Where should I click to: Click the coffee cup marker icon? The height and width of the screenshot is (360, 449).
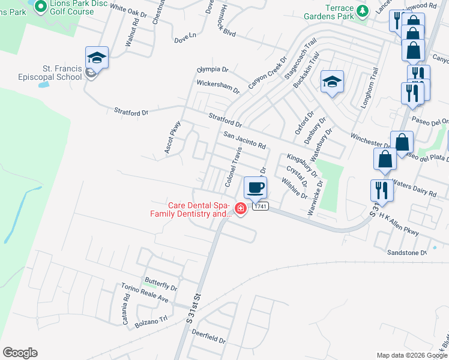(x=255, y=187)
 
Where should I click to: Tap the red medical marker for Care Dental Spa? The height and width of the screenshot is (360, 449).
(x=241, y=209)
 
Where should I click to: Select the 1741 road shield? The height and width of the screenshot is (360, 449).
(x=259, y=206)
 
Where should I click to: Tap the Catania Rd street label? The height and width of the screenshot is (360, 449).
(x=127, y=313)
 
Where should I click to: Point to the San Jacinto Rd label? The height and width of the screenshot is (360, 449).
(x=244, y=140)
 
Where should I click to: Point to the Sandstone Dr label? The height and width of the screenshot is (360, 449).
(x=406, y=253)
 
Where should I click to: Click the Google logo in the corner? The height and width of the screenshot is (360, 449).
(x=20, y=352)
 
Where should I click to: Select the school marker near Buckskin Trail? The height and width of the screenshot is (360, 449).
(x=331, y=82)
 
